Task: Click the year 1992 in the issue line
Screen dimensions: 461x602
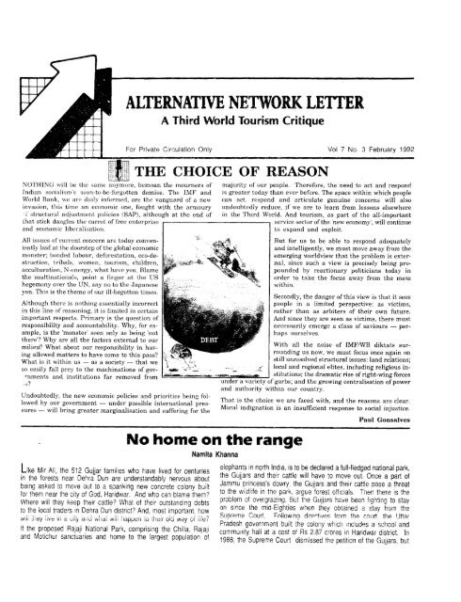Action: point(429,149)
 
